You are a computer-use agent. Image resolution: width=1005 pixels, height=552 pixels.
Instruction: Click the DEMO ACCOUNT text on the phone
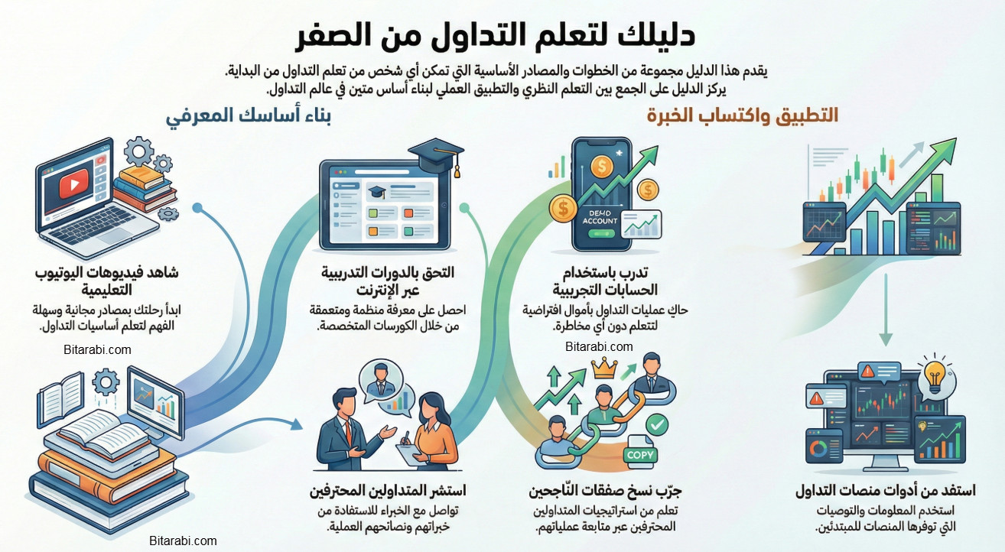tap(599, 216)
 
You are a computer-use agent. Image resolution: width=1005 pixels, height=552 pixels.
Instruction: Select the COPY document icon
tap(641, 455)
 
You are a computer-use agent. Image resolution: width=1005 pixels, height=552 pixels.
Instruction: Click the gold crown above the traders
tap(604, 370)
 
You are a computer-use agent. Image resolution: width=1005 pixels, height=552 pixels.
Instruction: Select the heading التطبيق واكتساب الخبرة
tap(742, 115)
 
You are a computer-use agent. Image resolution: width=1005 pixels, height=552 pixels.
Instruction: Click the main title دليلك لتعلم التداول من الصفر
tap(495, 35)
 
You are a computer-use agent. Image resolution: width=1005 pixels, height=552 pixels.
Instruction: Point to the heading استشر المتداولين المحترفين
tap(388, 490)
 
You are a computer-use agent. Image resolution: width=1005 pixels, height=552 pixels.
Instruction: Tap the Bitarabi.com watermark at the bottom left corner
tap(184, 541)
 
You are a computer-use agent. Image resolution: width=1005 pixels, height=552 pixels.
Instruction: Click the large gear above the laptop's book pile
tap(139, 150)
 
